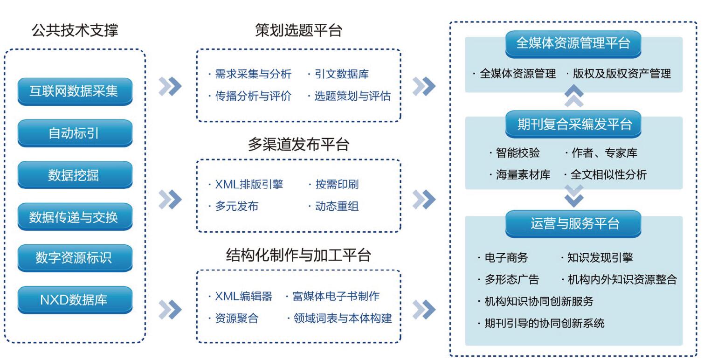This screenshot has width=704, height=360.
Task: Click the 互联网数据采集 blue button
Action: [75, 91]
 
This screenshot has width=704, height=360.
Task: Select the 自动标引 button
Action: [75, 133]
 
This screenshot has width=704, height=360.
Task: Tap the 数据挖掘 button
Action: [75, 175]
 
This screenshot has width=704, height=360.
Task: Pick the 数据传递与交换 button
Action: [75, 217]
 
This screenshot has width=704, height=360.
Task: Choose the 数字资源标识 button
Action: [75, 258]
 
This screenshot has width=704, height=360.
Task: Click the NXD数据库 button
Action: [75, 300]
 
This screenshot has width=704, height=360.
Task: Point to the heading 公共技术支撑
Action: [75, 30]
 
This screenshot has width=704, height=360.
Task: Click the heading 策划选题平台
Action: [298, 30]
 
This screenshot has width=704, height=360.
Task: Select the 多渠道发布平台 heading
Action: [298, 144]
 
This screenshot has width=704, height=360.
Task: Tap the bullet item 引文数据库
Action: [342, 74]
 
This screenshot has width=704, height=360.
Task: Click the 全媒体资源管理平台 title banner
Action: [573, 44]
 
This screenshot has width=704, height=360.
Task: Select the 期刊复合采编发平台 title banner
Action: [573, 124]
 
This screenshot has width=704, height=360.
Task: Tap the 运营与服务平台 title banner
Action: [573, 224]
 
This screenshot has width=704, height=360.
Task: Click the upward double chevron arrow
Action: [574, 96]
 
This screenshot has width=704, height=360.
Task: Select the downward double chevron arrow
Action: [574, 196]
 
